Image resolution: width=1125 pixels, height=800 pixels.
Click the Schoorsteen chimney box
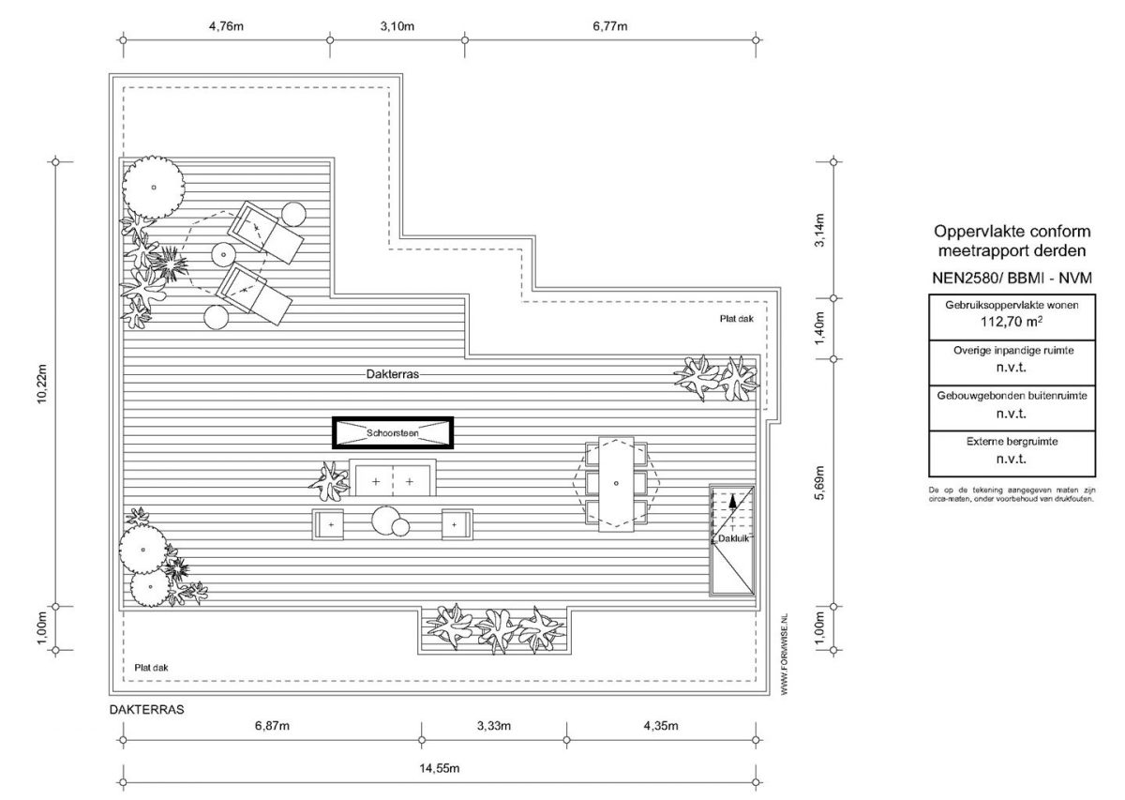(x=392, y=432)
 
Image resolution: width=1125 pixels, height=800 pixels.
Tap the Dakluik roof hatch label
(x=733, y=538)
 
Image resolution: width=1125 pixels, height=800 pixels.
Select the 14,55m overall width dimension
(x=440, y=768)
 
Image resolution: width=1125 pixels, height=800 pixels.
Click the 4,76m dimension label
(x=226, y=25)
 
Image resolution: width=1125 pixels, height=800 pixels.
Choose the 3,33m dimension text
(x=494, y=726)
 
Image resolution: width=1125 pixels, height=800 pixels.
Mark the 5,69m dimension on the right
(x=819, y=483)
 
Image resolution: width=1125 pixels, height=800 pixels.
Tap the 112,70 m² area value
(x=1011, y=322)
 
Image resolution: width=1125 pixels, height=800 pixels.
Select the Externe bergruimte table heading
(x=1012, y=441)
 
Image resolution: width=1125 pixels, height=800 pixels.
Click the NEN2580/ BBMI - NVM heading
(x=1012, y=278)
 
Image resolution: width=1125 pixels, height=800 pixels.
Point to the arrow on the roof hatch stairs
(x=733, y=500)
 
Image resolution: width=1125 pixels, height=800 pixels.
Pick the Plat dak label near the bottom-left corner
(x=151, y=668)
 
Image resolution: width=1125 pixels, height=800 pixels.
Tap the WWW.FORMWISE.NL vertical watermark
(x=785, y=655)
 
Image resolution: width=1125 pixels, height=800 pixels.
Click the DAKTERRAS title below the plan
(x=146, y=710)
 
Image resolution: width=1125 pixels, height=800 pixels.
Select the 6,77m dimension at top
(x=609, y=25)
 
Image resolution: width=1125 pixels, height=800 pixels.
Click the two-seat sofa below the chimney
(x=392, y=477)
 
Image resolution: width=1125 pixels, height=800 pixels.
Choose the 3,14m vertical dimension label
(x=819, y=230)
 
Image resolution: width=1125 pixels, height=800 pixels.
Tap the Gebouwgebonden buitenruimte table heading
(x=1012, y=396)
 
